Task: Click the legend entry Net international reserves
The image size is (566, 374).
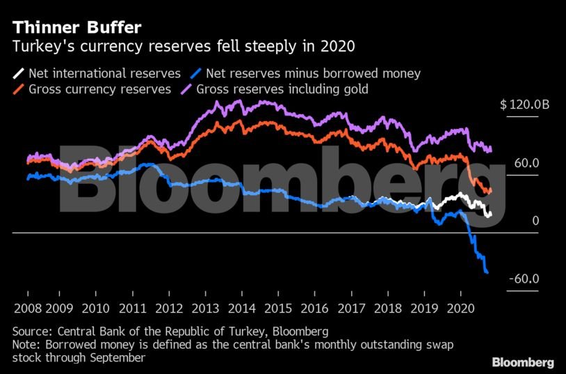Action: (x=104, y=73)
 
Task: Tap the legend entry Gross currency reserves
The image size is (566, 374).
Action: (x=99, y=89)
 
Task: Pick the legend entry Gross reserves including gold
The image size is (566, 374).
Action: (x=282, y=89)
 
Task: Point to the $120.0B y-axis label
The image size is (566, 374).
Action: (x=524, y=105)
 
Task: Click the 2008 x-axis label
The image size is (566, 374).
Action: (x=27, y=308)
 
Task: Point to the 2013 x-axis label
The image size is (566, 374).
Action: (x=206, y=308)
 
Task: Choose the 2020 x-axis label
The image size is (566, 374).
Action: (x=459, y=308)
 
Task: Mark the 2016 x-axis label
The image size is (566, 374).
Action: (x=314, y=308)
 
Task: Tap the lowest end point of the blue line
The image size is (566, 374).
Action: (x=487, y=272)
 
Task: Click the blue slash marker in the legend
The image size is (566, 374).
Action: (x=197, y=73)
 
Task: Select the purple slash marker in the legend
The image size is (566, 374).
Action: (x=187, y=89)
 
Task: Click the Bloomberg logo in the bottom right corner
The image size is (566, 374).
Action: (x=523, y=362)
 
